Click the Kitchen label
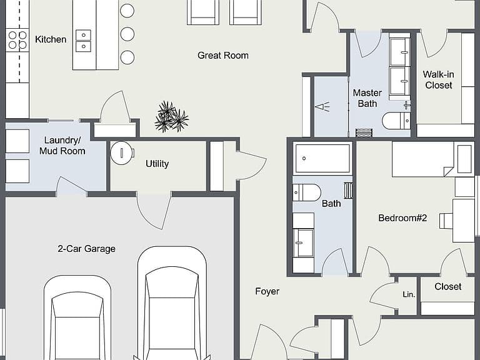51,39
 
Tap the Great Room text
223,56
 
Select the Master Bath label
367,98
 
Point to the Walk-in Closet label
438,79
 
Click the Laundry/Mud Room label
62,146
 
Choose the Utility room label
157,164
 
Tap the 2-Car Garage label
87,249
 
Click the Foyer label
267,291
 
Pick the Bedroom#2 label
402,218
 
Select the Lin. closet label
409,294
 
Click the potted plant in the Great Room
171,117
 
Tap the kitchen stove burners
17,40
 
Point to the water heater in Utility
122,152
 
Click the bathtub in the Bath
322,159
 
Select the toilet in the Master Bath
396,121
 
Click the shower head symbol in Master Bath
322,107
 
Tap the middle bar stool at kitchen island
127,34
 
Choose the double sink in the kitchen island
83,41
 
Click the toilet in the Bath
307,192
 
